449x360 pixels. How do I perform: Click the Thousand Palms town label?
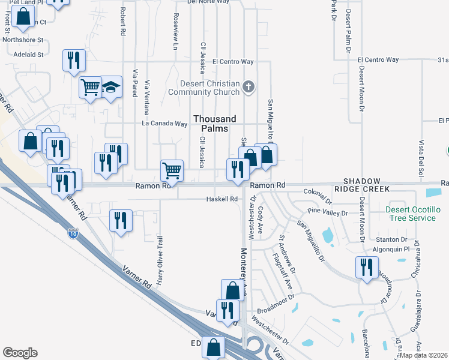(214, 124)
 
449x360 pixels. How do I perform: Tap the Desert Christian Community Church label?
(204, 88)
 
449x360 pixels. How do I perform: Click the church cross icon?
(248, 88)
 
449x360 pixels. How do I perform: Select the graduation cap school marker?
(110, 87)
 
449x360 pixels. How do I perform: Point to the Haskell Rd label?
(223, 199)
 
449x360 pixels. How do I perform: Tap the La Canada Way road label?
(164, 124)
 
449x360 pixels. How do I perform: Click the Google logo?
(20, 352)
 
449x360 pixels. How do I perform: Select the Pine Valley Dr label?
(328, 212)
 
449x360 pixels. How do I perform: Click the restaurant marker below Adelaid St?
(74, 61)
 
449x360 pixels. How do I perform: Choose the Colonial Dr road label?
(318, 192)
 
